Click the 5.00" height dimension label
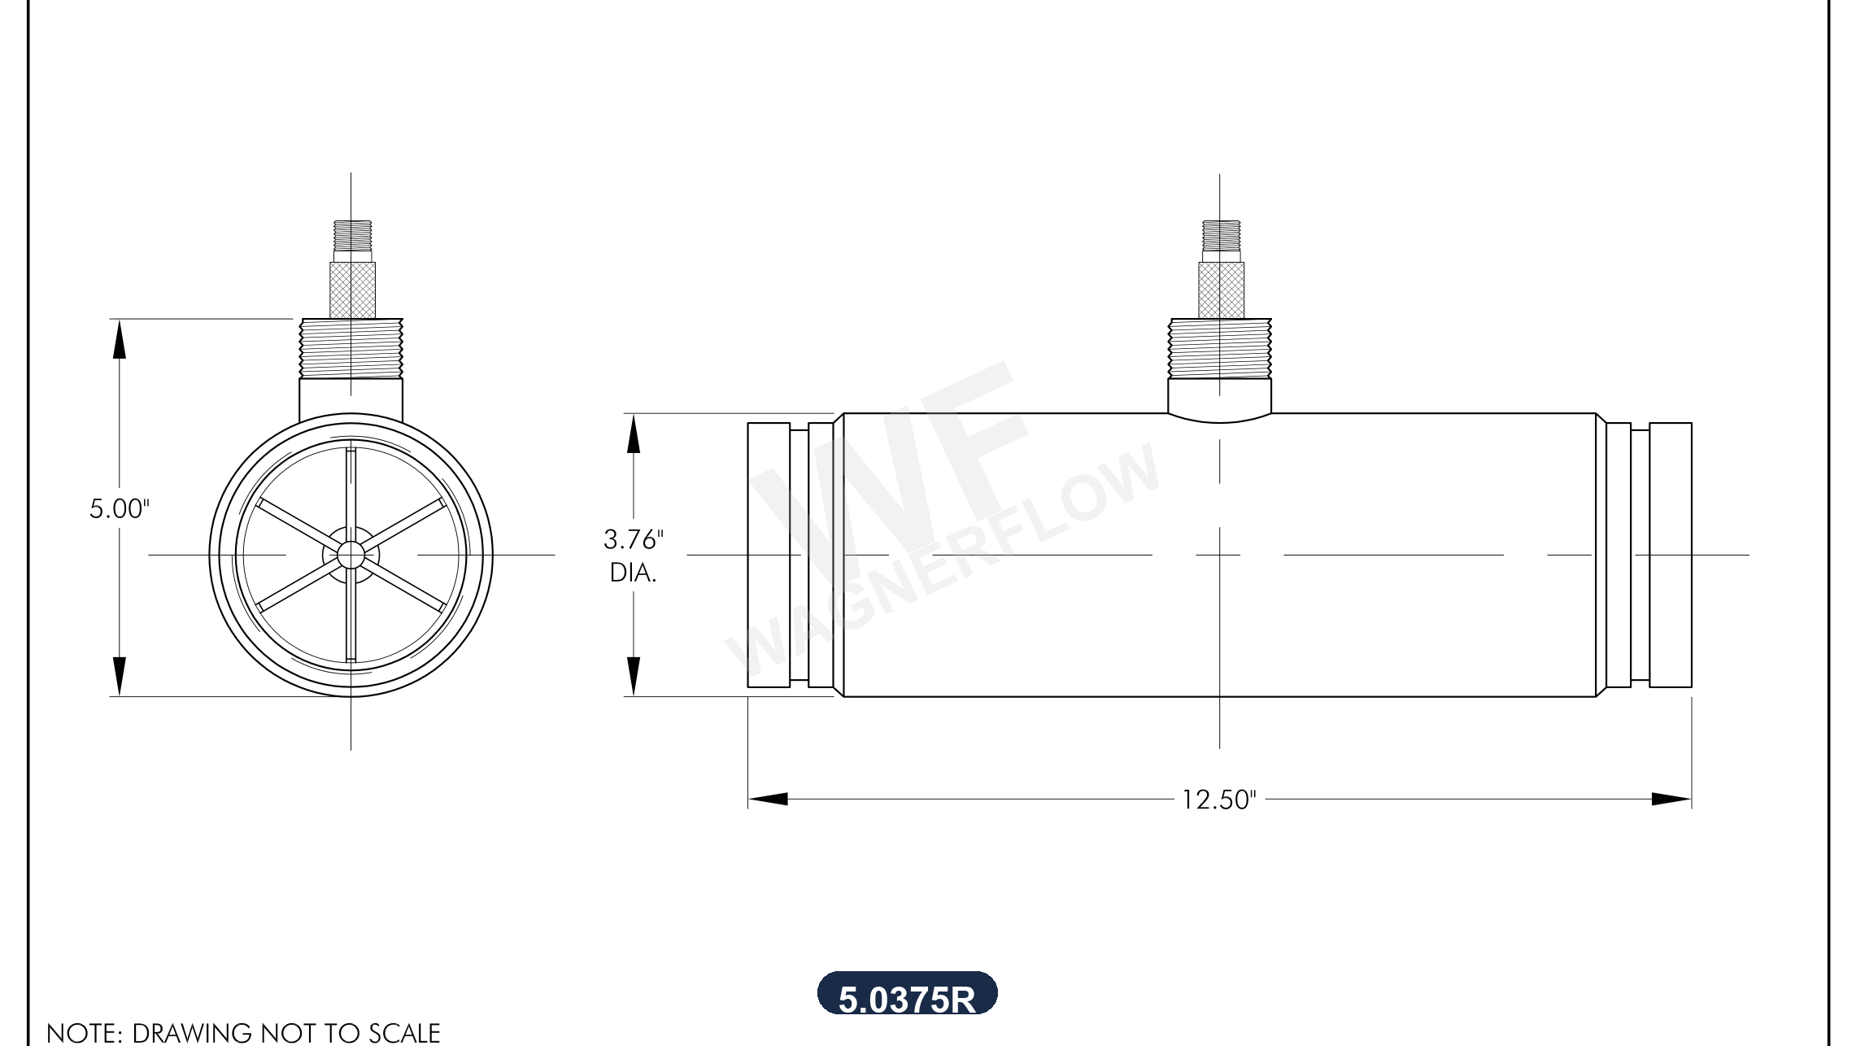click(x=119, y=509)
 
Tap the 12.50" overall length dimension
click(x=1218, y=800)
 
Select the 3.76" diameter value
click(x=633, y=539)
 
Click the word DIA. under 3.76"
click(x=633, y=573)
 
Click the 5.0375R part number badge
click(x=907, y=995)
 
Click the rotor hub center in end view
click(x=351, y=556)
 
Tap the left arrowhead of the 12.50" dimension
click(x=767, y=799)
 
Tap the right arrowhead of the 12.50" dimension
click(x=1671, y=799)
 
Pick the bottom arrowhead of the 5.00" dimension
click(x=120, y=677)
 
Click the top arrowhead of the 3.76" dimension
click(x=633, y=433)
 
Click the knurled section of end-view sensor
click(x=352, y=290)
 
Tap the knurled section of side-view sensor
click(x=1221, y=290)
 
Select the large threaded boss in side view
click(x=1219, y=348)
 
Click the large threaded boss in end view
click(x=351, y=348)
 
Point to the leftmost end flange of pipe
click(x=769, y=555)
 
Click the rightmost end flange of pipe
click(x=1671, y=555)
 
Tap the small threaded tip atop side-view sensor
click(x=1221, y=235)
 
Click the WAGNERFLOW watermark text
click(x=943, y=561)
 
